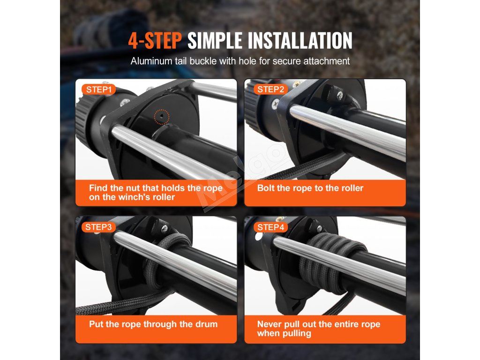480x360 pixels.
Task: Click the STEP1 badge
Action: pos(98,90)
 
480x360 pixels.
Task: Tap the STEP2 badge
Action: pos(270,90)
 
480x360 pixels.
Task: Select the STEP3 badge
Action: pos(98,227)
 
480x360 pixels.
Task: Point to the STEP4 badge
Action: pos(270,227)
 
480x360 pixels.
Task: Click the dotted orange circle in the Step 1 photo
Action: pos(162,117)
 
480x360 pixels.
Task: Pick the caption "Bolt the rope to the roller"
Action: pos(310,188)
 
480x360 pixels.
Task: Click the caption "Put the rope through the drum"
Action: pos(153,324)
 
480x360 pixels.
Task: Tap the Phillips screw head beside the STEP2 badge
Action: pos(276,104)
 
